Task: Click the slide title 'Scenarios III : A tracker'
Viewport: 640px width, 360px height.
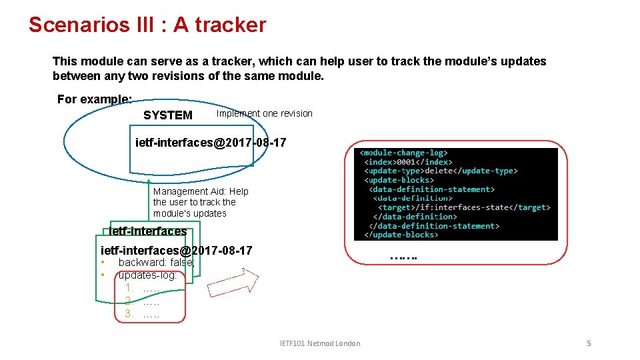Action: tap(147, 25)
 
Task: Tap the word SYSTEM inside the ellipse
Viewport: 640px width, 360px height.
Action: tap(167, 115)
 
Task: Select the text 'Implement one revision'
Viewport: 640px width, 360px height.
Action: tap(264, 113)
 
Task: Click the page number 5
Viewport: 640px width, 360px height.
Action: tap(589, 343)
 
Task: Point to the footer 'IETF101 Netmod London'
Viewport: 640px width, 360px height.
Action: tap(320, 343)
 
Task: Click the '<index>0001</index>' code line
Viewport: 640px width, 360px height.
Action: tap(408, 162)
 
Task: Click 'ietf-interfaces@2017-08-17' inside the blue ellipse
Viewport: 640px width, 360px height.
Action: tap(211, 142)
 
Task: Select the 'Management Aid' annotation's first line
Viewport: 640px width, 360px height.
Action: tap(201, 191)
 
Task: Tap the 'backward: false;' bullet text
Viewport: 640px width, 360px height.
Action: tap(157, 263)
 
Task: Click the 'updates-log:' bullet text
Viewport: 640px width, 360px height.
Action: tap(147, 275)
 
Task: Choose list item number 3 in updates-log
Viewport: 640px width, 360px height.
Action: tap(142, 313)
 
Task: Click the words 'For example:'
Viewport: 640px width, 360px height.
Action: tap(94, 99)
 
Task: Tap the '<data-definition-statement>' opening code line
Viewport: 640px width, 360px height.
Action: tap(432, 189)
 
